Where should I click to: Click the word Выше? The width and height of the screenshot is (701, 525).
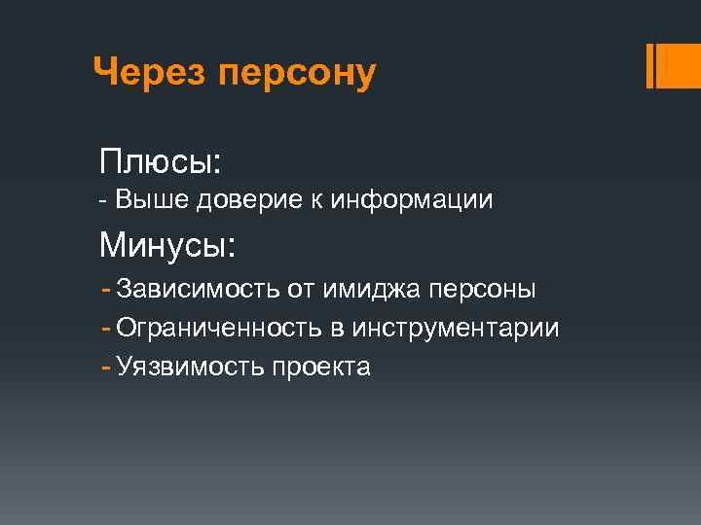(154, 200)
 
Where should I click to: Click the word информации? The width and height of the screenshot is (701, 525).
(413, 201)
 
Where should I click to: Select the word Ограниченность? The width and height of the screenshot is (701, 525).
(219, 329)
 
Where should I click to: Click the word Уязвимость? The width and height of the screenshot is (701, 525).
(189, 367)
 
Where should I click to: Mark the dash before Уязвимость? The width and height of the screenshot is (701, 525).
(106, 367)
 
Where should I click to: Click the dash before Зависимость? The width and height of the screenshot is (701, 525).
(106, 289)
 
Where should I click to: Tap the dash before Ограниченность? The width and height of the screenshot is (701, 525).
(106, 328)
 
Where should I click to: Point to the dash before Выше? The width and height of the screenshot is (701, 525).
(104, 201)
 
